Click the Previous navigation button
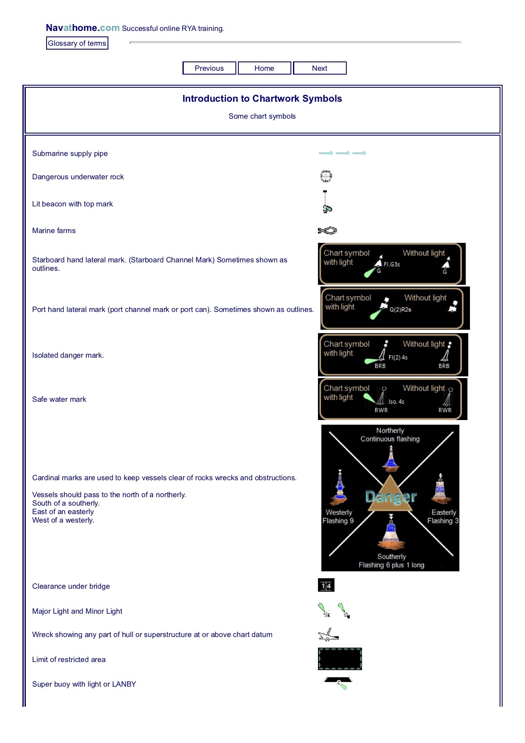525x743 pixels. coord(209,68)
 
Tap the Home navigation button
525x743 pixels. coord(264,68)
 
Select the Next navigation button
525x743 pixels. coord(320,68)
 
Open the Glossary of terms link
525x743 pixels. coord(77,43)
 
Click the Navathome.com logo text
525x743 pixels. coord(83,28)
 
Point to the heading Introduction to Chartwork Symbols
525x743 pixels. coord(262,99)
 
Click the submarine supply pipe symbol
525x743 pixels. coord(342,153)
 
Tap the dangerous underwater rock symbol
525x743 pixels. coord(326,176)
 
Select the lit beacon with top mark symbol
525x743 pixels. coord(326,202)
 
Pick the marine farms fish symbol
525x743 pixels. coord(327,231)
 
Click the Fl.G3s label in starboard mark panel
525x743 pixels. coord(392,264)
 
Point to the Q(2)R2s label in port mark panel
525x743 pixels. coord(400,309)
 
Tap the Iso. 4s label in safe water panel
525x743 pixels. coord(396,402)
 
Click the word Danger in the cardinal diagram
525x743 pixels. coord(391,497)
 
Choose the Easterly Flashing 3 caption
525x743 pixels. coord(443,517)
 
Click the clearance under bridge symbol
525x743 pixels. coord(326,585)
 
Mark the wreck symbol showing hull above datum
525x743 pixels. coord(328,635)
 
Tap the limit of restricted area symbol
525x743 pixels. coord(340,659)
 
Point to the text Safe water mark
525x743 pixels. coord(59,399)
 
